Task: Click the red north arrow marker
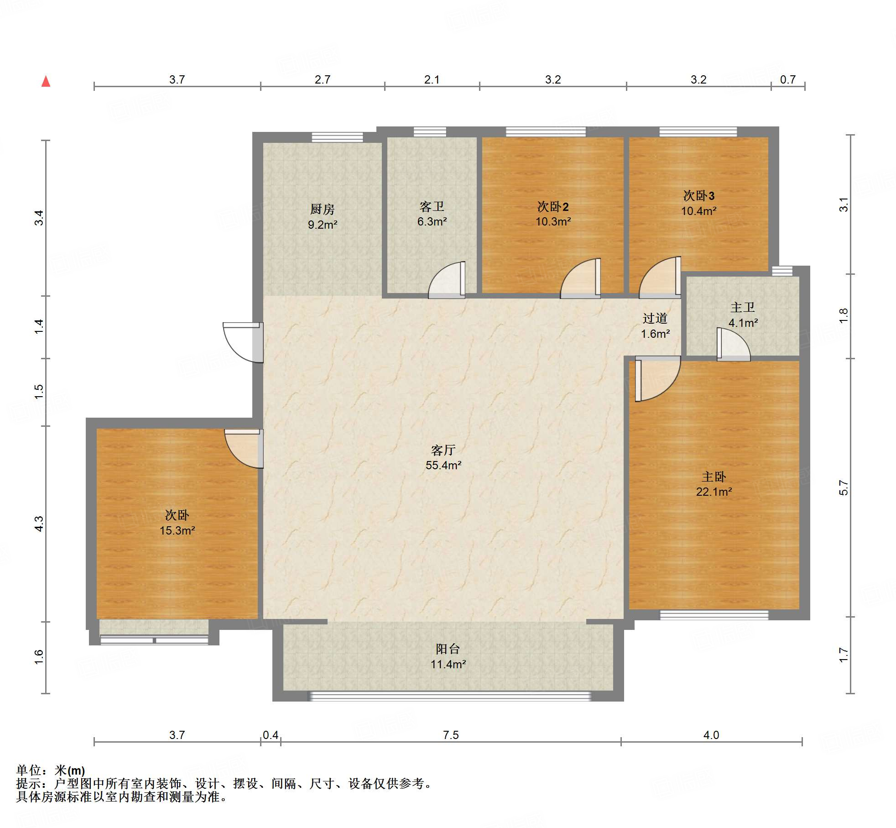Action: [x=46, y=81]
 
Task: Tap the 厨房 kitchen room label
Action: [x=323, y=209]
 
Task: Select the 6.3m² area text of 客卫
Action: [x=432, y=221]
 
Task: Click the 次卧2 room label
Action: [x=553, y=207]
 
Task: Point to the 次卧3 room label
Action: [x=698, y=196]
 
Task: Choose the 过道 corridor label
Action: [x=655, y=318]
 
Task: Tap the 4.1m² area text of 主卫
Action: [x=743, y=323]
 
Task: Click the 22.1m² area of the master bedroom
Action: [x=714, y=492]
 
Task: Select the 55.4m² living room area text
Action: [x=443, y=465]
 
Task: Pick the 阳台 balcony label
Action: [x=448, y=649]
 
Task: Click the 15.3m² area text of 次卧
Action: [x=177, y=530]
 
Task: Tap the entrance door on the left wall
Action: [x=243, y=342]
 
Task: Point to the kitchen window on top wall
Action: [x=337, y=137]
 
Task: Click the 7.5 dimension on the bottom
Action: [x=451, y=735]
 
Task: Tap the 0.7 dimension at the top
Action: [x=788, y=79]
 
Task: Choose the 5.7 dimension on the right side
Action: [x=844, y=487]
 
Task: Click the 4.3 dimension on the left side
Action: [x=39, y=524]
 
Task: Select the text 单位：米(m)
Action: [x=51, y=770]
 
